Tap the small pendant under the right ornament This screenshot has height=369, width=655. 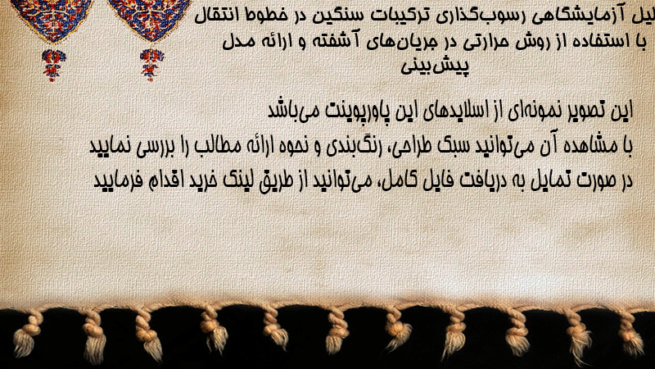(151, 65)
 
